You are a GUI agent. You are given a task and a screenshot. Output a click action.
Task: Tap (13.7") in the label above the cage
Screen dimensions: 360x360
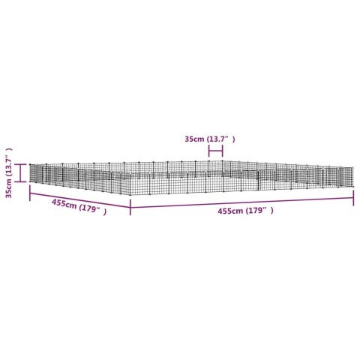(220, 139)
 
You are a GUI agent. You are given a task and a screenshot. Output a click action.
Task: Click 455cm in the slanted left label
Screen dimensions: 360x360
(64, 204)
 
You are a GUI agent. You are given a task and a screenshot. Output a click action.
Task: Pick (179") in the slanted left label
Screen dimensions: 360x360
(92, 210)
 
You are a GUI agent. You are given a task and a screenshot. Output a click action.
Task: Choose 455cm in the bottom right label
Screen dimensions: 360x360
(230, 211)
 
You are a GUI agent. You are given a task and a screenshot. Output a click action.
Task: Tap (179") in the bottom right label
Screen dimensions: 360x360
(259, 211)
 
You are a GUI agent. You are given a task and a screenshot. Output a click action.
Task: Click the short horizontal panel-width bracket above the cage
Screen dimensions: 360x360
(215, 151)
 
